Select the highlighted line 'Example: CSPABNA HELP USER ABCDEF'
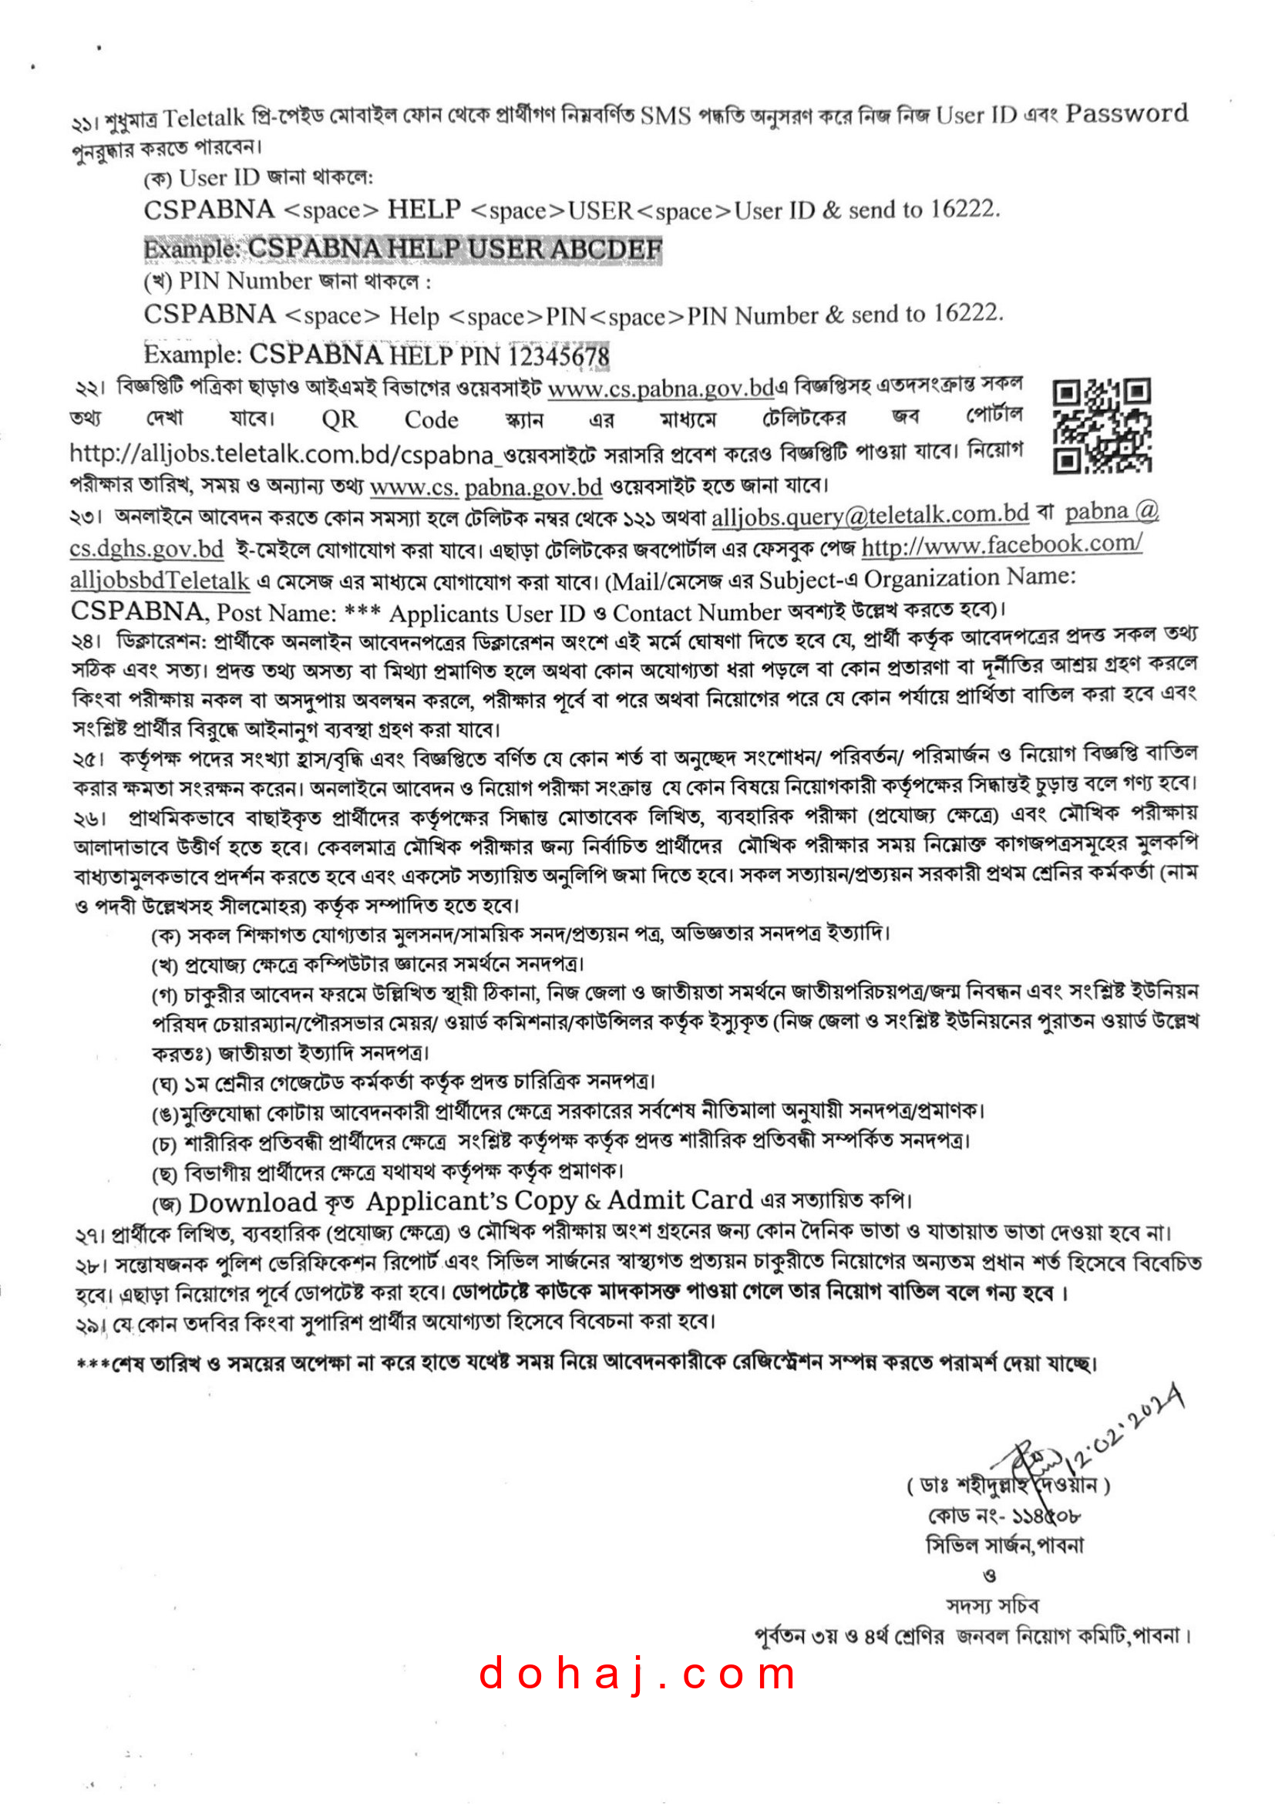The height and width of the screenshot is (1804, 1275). [402, 249]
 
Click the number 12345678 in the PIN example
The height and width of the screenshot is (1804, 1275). [558, 356]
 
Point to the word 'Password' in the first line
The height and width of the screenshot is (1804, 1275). [1125, 114]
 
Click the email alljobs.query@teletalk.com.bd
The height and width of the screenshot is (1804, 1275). [870, 515]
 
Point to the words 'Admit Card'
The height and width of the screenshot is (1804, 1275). [680, 1200]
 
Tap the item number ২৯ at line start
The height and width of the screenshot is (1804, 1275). [87, 1326]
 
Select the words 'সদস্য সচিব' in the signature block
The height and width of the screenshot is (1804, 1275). [992, 1605]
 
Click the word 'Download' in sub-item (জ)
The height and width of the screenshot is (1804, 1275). [252, 1203]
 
